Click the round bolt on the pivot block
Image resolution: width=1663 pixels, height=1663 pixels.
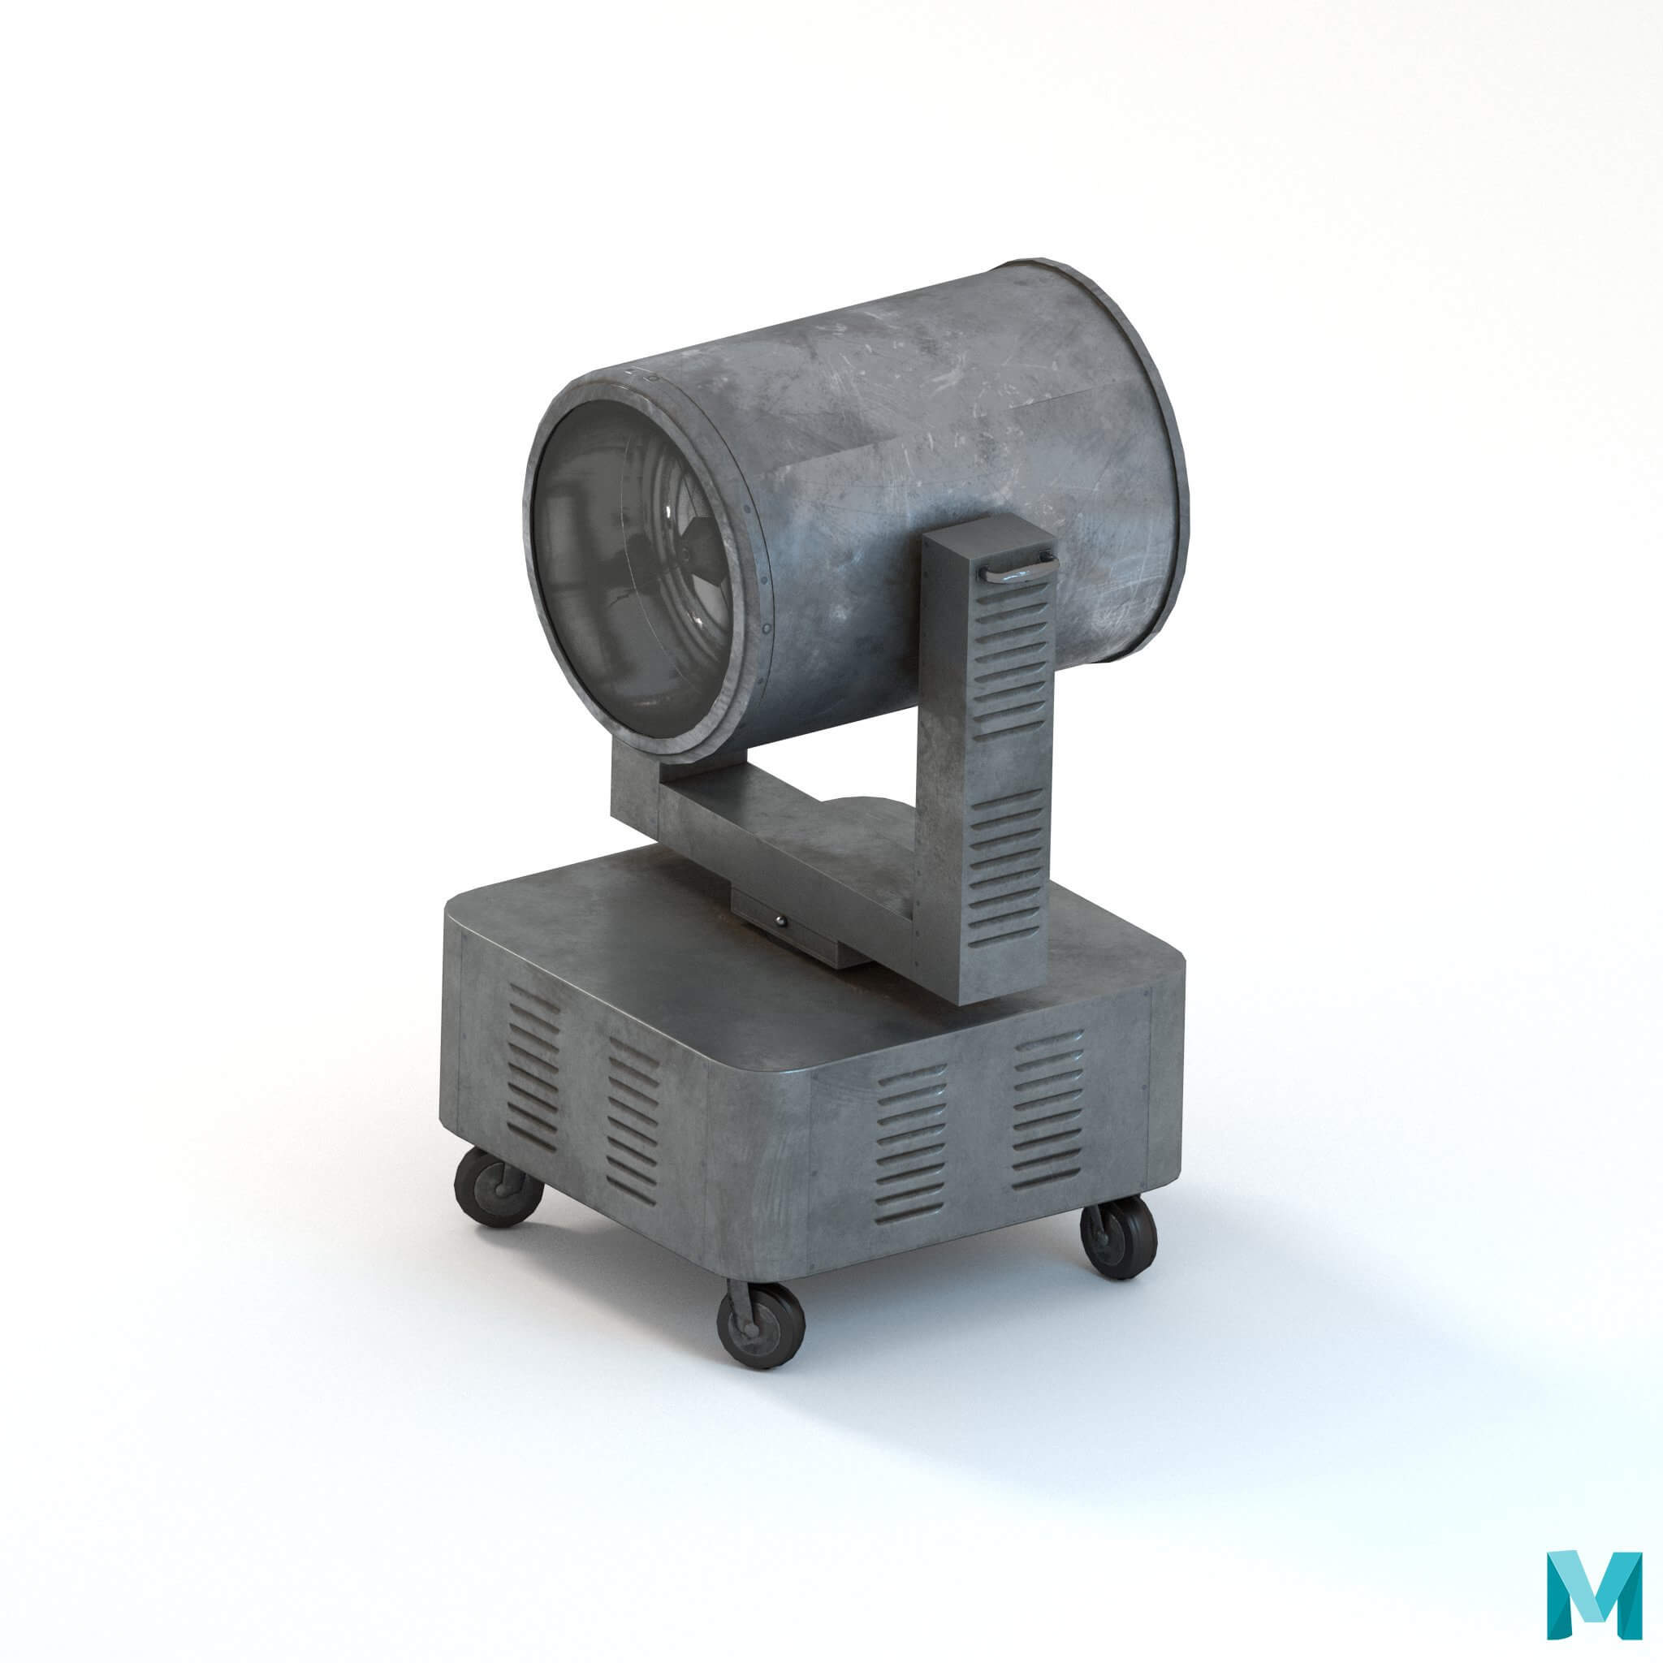pos(779,921)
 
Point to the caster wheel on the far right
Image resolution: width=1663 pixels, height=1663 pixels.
pos(1119,1238)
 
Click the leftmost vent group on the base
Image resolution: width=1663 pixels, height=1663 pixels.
pos(532,1067)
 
